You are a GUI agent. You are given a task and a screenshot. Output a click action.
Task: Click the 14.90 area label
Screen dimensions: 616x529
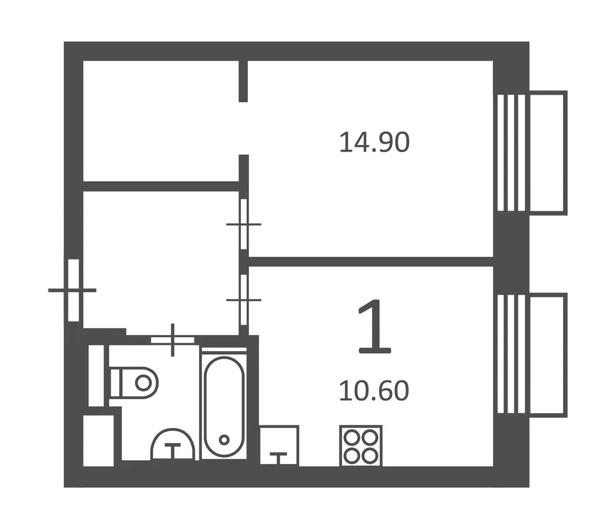374,142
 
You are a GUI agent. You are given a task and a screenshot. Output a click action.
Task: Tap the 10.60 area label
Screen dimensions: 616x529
374,391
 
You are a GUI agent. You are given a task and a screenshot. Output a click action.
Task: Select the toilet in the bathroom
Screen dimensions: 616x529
134,383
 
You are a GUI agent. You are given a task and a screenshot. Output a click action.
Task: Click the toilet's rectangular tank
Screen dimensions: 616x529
116,383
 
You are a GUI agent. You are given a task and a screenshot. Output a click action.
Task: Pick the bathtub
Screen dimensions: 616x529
224,407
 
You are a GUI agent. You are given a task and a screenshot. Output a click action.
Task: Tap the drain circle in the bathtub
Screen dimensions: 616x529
224,439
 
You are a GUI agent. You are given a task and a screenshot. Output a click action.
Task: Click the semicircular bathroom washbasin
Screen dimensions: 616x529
173,444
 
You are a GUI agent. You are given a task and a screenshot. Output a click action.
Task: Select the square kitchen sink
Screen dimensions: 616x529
279,445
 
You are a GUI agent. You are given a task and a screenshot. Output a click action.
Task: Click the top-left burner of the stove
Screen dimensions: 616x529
351,438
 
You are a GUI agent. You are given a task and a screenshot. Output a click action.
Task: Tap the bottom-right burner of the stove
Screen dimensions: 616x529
370,456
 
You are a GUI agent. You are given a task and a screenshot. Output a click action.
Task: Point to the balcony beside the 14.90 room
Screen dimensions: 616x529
548,153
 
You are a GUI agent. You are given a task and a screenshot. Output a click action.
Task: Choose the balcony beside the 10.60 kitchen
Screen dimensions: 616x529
548,355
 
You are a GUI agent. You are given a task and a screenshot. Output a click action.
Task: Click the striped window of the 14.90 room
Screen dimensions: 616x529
511,153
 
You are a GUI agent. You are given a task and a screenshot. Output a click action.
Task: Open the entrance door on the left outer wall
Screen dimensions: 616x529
73,290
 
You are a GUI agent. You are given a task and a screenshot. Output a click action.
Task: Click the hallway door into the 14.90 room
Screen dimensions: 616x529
244,224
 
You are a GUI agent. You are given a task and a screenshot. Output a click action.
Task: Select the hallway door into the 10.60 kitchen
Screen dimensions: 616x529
244,300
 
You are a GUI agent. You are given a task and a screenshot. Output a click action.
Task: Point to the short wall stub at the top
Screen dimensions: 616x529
244,82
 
